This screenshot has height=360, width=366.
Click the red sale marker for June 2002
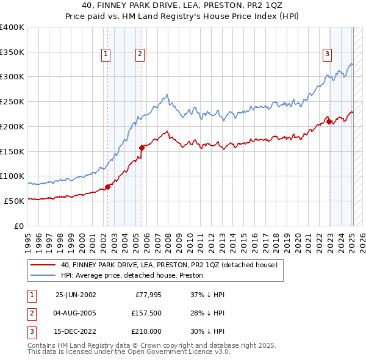coord(107,187)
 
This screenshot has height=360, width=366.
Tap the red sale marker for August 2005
coord(141,147)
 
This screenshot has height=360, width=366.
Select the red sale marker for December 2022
coord(329,121)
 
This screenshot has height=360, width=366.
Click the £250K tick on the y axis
coord(12,101)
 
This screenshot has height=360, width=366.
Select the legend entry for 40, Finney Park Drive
coord(169,265)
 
